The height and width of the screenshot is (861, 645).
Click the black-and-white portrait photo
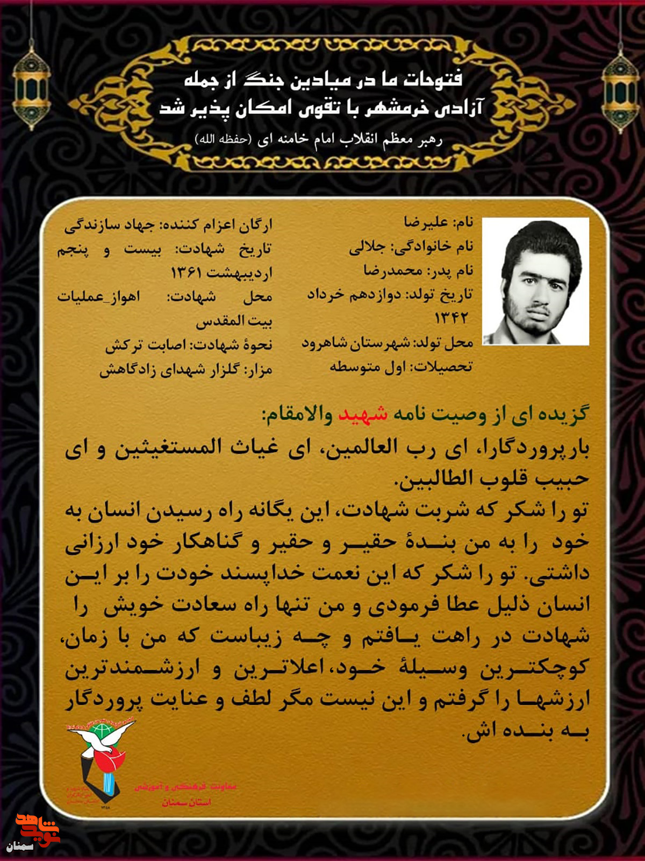(535, 281)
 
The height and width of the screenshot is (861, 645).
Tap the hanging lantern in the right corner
(620, 91)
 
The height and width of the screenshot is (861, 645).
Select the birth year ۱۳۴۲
(451, 318)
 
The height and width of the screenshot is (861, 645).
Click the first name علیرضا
(426, 222)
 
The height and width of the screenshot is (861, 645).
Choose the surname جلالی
(367, 247)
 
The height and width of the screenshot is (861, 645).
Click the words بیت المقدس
(234, 321)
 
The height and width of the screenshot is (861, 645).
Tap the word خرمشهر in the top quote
(397, 108)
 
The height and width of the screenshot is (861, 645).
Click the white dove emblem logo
(102, 753)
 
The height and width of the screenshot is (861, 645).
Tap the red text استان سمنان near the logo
(187, 802)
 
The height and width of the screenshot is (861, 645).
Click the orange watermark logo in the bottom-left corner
(37, 829)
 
